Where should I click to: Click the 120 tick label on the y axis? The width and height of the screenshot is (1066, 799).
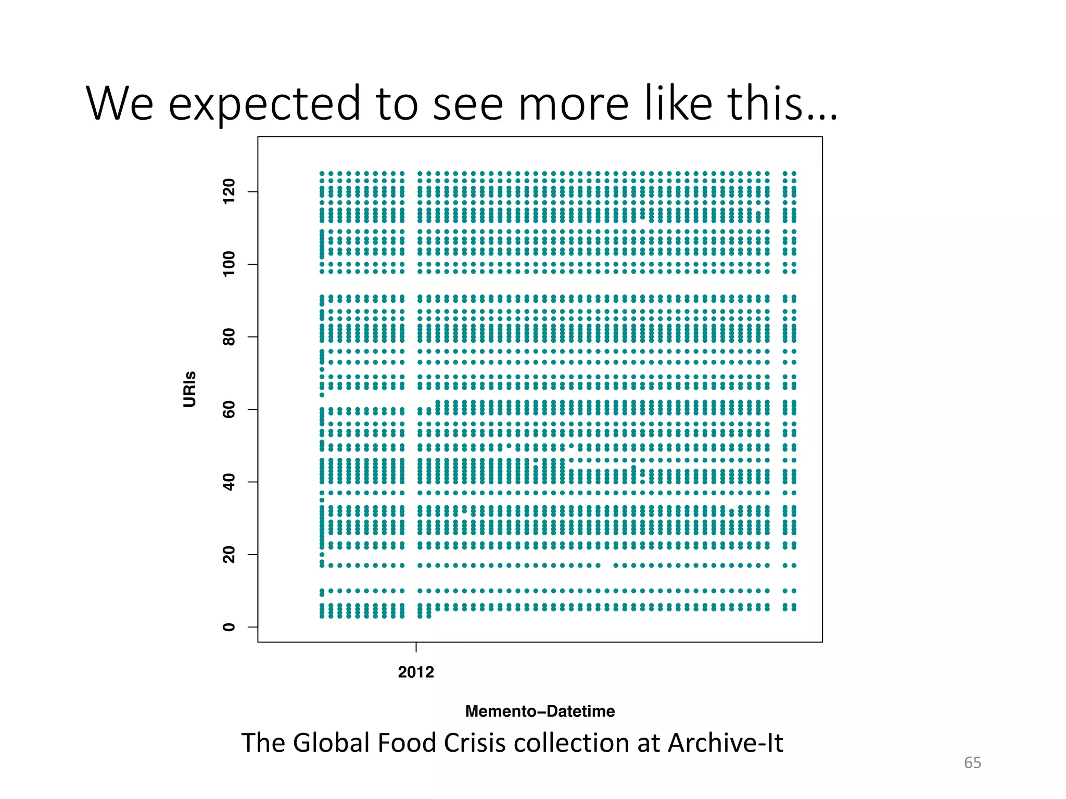tap(229, 191)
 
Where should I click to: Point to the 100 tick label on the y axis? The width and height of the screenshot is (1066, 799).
tap(229, 264)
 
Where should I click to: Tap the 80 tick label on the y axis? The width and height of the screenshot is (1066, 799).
tap(229, 337)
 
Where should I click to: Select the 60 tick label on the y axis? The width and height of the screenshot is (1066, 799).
tap(229, 409)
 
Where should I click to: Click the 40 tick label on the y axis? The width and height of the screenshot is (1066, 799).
tap(229, 482)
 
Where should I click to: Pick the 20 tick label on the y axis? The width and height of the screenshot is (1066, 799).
tap(229, 555)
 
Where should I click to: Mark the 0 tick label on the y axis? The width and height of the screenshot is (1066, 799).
tap(229, 627)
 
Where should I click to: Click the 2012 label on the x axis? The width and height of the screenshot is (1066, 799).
tap(415, 672)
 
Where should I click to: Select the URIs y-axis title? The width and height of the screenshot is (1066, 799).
tap(190, 389)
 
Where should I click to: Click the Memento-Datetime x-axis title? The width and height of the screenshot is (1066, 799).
tap(540, 711)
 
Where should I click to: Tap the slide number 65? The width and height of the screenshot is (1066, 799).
tap(972, 763)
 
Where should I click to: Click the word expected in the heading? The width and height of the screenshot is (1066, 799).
tap(264, 104)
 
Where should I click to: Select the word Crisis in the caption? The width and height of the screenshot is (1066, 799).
tap(475, 743)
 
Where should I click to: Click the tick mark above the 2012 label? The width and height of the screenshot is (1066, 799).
tap(416, 647)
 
